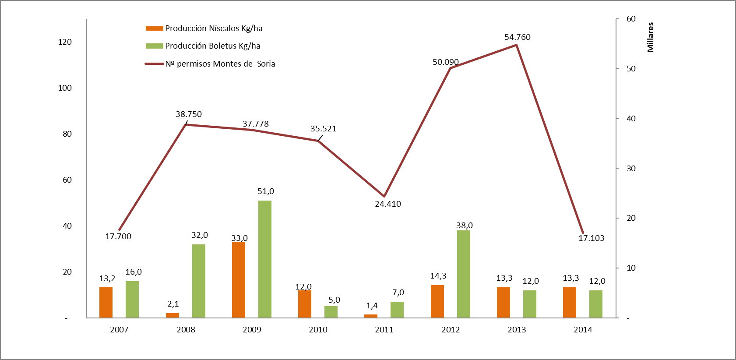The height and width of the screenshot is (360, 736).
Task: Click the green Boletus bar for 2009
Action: tap(265, 259)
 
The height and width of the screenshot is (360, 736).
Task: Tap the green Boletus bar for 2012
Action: tap(464, 274)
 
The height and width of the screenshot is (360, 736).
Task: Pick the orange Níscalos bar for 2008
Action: tap(173, 315)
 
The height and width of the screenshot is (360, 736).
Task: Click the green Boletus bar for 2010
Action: tap(331, 312)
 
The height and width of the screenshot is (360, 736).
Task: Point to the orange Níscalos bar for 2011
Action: tap(371, 316)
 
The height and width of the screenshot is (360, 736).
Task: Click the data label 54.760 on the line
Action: tap(517, 37)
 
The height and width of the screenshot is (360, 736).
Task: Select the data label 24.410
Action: tap(387, 204)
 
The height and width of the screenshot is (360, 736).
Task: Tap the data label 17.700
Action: tap(118, 236)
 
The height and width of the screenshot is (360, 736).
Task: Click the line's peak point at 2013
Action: tap(517, 45)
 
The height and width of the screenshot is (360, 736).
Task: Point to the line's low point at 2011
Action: tap(384, 196)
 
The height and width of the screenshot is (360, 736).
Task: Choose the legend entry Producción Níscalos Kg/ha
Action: tap(213, 28)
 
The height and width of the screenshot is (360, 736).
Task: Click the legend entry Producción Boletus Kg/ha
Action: tap(212, 46)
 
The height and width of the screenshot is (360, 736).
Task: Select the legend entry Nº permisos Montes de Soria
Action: tap(220, 64)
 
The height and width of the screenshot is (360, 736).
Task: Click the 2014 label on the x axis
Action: tap(583, 330)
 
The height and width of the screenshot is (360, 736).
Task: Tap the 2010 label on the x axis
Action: tap(318, 330)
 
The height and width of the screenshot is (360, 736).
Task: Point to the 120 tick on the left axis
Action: tap(65, 42)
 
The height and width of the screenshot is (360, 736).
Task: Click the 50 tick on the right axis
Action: tap(631, 69)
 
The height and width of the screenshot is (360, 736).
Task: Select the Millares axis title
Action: tap(651, 37)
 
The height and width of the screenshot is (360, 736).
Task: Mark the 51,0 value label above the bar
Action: tap(266, 191)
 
